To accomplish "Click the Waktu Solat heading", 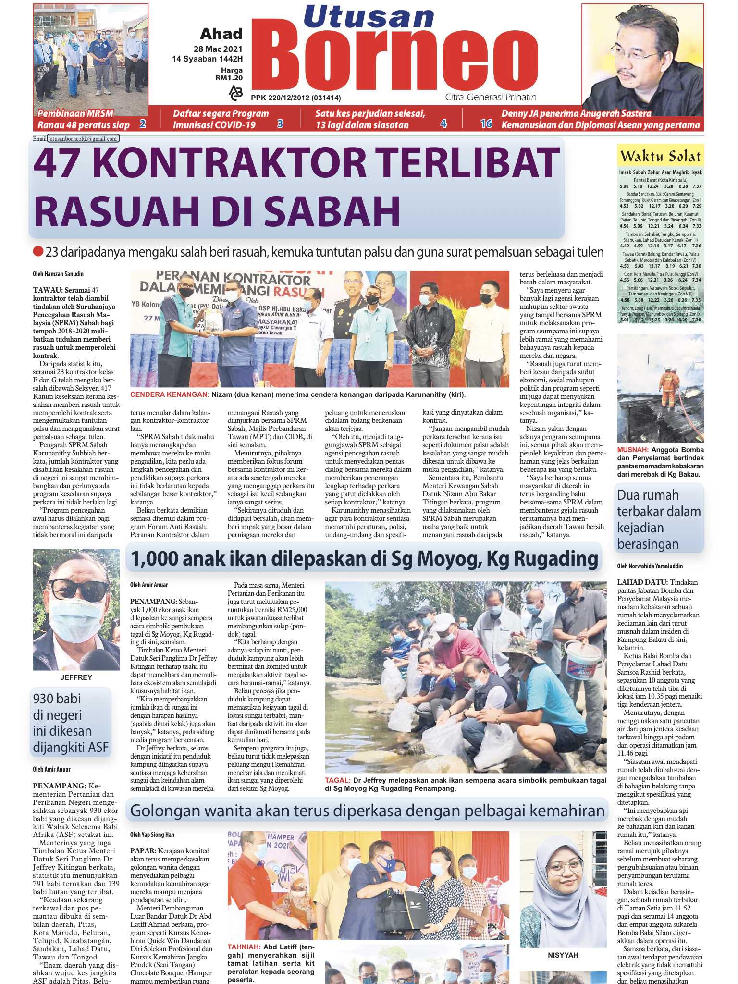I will (660, 157).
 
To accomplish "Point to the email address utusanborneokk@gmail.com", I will (83, 139).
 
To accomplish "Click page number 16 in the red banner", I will (486, 124).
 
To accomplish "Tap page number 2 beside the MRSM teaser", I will (142, 124).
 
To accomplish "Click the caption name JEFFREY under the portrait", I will (76, 677).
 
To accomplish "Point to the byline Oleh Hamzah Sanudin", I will (58, 274).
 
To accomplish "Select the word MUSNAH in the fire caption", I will (632, 450).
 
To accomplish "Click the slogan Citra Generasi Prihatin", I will (491, 97).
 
